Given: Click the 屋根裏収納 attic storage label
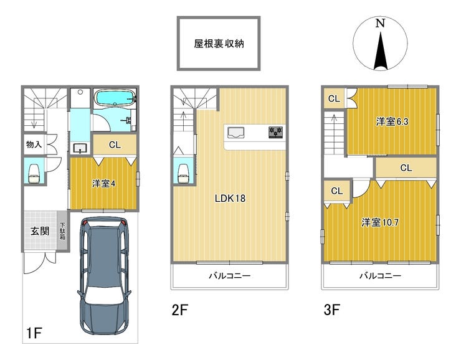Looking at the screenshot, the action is click(219, 44).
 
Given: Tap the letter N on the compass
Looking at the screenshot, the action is click(381, 23).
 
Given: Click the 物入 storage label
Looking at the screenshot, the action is click(34, 144).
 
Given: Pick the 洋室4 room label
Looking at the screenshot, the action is click(104, 184).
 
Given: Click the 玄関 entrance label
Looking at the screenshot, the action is click(40, 231).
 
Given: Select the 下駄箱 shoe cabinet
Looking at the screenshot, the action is click(62, 230).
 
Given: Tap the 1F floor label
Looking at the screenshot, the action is click(34, 333).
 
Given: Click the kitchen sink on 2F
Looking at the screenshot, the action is click(235, 132).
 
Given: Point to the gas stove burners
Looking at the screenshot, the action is click(275, 132).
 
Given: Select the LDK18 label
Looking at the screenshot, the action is click(230, 198).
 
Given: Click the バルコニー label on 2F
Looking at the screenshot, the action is click(230, 276).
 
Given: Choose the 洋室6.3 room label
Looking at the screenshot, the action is click(392, 121).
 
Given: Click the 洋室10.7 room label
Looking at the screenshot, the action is click(380, 222).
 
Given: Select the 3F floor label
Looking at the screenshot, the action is click(332, 310).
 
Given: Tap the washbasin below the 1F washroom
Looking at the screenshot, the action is click(80, 148).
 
